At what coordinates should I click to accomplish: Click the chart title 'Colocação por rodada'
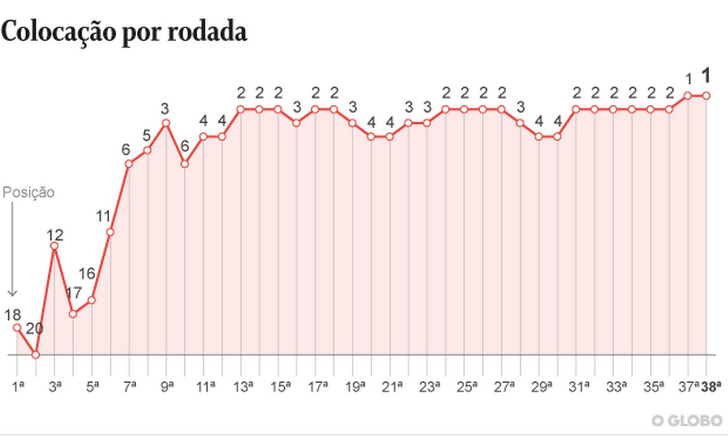pos(124,32)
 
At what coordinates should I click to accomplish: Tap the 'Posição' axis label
pos(28,192)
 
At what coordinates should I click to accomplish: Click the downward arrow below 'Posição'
pos(11,248)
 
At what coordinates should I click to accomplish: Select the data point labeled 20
pos(36,355)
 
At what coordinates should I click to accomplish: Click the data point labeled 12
pos(54,246)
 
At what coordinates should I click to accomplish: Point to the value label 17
pos(74,293)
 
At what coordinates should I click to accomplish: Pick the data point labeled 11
pos(111,232)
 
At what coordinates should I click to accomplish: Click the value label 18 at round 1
pos(13,314)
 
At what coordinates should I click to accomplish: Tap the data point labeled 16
pos(92,300)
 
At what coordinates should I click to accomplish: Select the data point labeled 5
pos(147,149)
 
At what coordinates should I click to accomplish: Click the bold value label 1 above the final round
pos(706,75)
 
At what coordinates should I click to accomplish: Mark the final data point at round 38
pos(706,95)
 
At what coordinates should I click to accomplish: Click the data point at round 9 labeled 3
pos(166,123)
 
